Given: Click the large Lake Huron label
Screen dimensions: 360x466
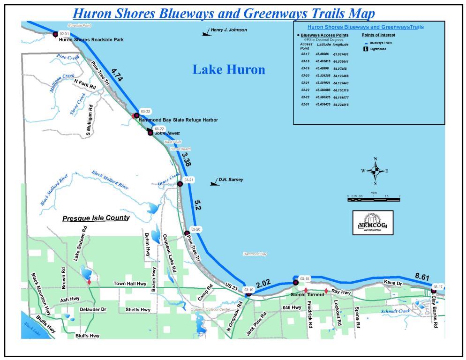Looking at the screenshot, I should pos(229,70).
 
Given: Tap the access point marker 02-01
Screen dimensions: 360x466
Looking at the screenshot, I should pos(55,34).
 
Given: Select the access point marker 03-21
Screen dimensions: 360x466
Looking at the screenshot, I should pos(180,184).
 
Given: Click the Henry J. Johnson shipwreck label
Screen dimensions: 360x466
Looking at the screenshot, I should pos(228,30).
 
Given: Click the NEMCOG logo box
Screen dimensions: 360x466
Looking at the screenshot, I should pos(373,223).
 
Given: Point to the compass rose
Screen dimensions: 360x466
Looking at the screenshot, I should pos(375,171).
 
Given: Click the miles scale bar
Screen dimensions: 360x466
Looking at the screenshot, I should pos(374,200).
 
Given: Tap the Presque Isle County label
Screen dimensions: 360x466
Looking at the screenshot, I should pos(96,218).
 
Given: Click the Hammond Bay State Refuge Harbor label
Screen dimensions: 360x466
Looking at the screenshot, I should pos(178,120).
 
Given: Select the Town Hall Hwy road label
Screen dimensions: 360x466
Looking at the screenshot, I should pos(131,284).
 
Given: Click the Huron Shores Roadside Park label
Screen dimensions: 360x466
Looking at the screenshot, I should pos(91,40).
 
